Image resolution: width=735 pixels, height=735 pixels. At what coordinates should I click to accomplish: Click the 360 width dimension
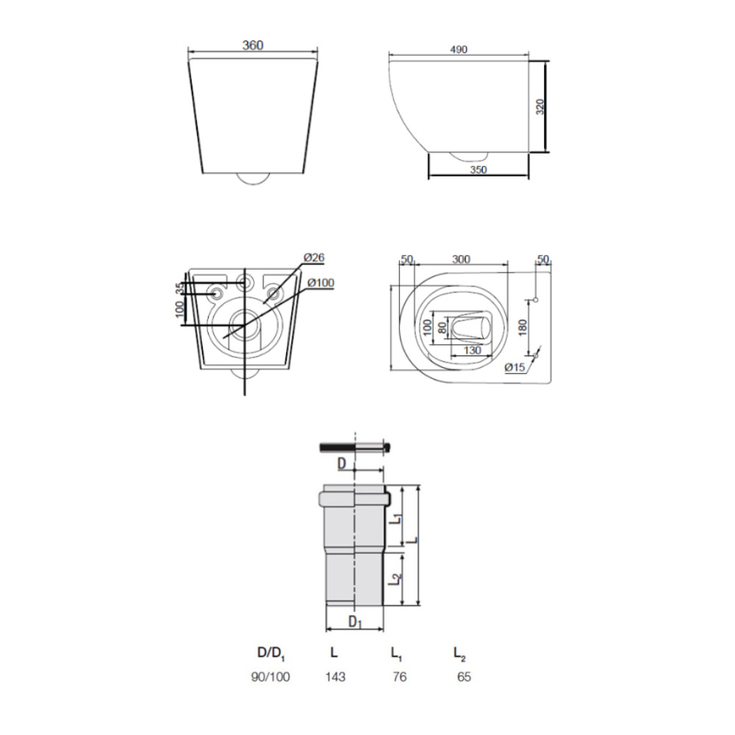[x=253, y=46]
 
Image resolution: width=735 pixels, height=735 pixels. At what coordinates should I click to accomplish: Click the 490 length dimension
[x=459, y=50]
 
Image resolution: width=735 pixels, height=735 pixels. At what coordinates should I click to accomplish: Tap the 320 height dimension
[x=540, y=107]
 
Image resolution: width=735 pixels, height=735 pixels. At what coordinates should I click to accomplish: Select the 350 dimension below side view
[x=478, y=170]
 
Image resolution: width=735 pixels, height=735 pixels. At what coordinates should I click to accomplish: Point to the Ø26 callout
[x=314, y=258]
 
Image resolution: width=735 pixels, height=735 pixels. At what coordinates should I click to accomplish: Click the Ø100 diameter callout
[x=320, y=283]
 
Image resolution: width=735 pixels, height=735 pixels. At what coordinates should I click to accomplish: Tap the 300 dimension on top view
[x=462, y=259]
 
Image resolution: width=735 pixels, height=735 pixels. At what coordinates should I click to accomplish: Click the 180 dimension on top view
[x=523, y=327]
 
